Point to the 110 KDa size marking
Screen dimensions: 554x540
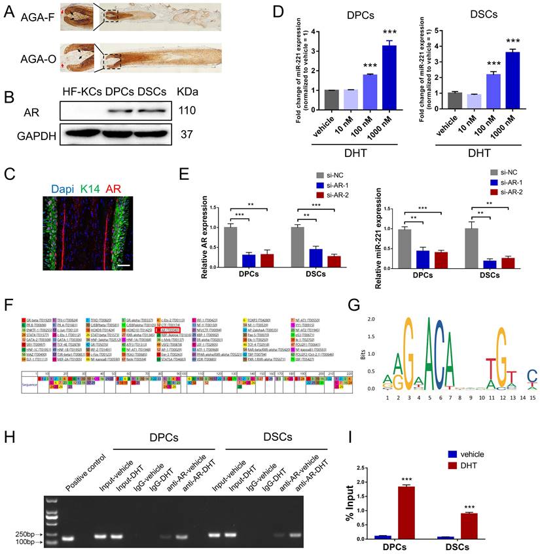pyautogui.click(x=190, y=112)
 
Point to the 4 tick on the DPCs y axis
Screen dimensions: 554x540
pyautogui.click(x=311, y=31)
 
